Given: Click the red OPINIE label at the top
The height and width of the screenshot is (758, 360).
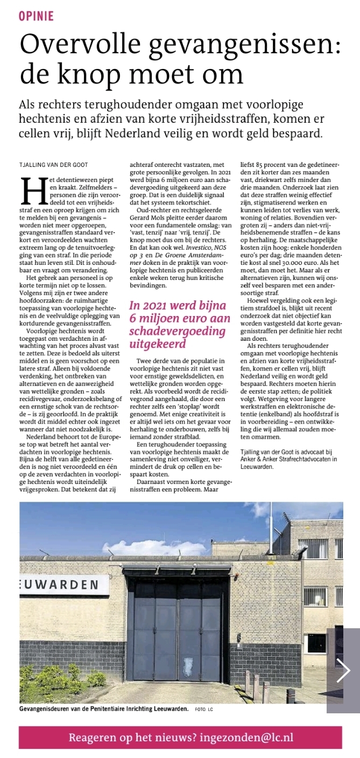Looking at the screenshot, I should tap(36, 16).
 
